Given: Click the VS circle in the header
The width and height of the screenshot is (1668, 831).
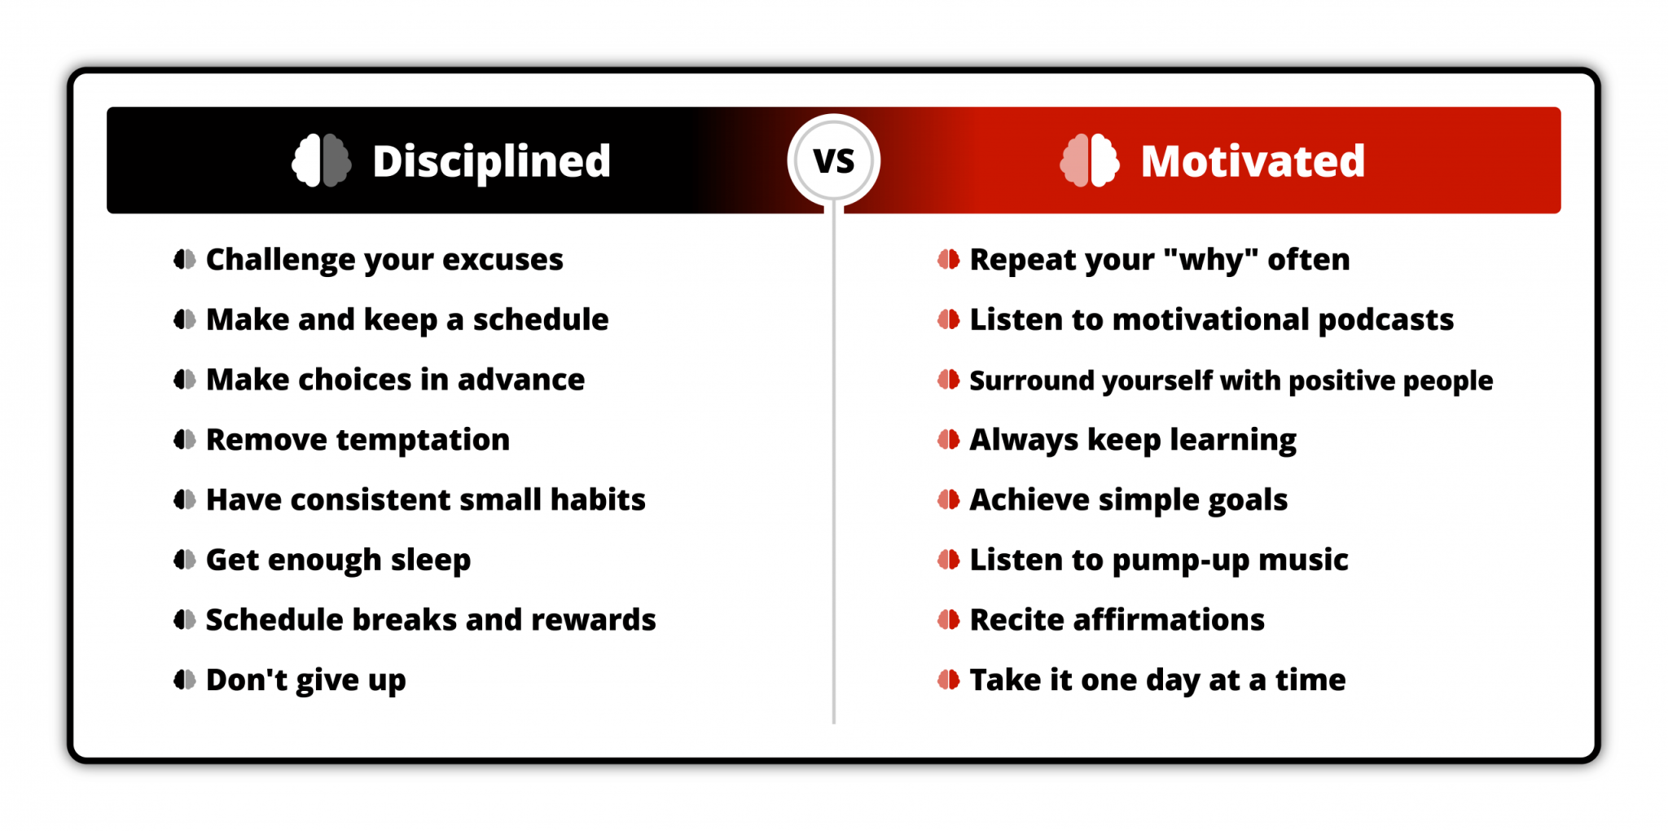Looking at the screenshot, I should click(833, 160).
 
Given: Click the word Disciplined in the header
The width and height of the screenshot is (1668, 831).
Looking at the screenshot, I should click(491, 161).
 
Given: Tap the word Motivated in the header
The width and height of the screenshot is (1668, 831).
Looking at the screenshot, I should click(1252, 161).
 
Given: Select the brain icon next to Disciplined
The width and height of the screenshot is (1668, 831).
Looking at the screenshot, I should click(322, 160).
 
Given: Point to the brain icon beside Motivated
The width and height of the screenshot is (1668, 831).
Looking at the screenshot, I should click(1090, 160).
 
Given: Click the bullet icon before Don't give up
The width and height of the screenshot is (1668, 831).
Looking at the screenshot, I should click(185, 679).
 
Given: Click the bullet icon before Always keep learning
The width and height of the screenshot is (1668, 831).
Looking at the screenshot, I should click(948, 440).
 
